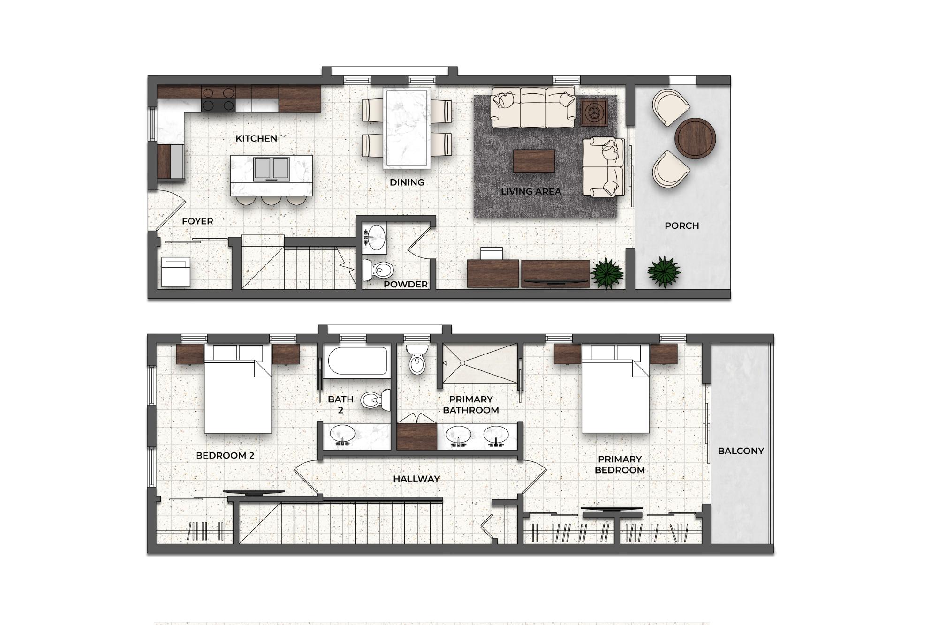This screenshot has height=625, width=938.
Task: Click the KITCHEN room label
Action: point(256,138)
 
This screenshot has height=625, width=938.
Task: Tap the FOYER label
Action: point(197,221)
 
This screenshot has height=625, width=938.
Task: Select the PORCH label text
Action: point(681,226)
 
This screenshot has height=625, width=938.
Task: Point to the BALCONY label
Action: point(741,451)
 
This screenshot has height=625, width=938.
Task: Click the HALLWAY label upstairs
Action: point(416,479)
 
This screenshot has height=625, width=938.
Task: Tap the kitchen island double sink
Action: point(272,169)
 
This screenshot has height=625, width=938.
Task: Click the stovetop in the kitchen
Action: point(218,98)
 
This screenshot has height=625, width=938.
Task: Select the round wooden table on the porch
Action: point(695,138)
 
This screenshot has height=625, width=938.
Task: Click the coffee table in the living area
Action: point(534,161)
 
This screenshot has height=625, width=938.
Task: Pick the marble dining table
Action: point(407,128)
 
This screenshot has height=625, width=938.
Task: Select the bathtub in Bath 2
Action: point(357,361)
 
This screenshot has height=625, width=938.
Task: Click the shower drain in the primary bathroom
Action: point(462,363)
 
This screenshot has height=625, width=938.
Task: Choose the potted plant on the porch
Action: point(664,271)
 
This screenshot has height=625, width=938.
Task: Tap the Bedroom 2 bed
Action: point(238,389)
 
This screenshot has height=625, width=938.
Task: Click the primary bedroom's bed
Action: point(616,389)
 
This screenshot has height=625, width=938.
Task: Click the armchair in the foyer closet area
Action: point(176,271)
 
